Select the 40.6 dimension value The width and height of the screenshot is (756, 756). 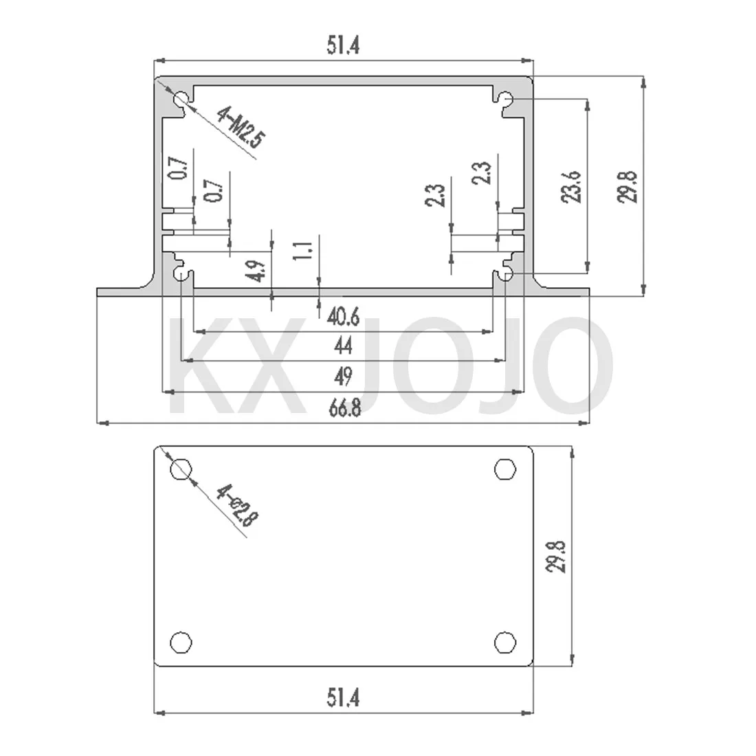click(x=344, y=317)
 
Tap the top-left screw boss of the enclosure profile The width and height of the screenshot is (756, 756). click(x=181, y=101)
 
